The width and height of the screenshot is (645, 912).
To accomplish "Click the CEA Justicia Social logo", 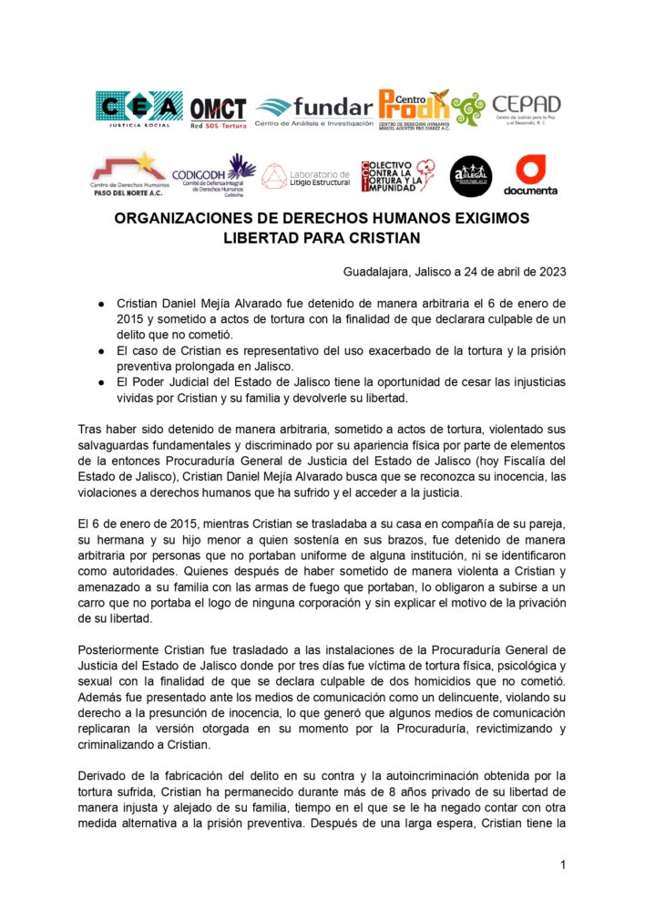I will tap(138, 110).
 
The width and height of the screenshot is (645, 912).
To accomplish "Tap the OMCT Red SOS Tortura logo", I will tap(219, 111).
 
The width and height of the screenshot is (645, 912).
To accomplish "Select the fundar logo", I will tap(314, 110).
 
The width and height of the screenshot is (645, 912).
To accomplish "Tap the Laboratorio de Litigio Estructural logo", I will tap(306, 174).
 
